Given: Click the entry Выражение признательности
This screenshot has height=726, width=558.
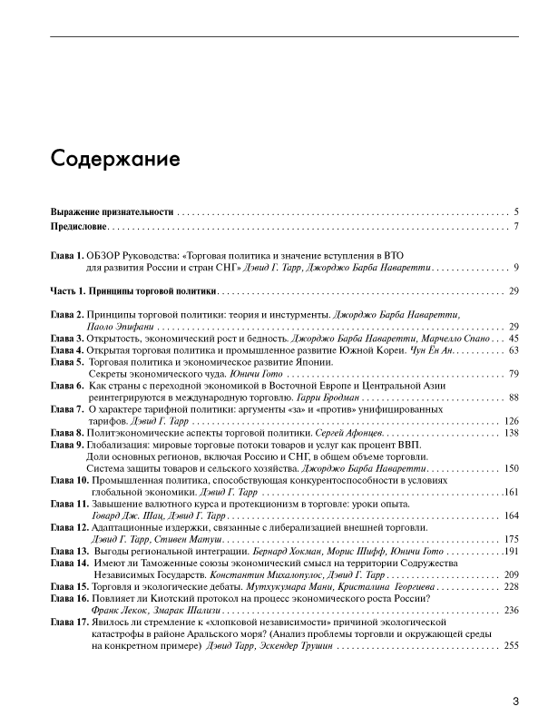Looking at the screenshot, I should pyautogui.click(x=112, y=211).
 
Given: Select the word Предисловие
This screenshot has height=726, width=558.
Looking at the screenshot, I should pyautogui.click(x=79, y=226).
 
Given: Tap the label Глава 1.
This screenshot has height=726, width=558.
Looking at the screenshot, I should pyautogui.click(x=67, y=256).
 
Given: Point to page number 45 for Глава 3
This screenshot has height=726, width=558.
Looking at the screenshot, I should pyautogui.click(x=513, y=338).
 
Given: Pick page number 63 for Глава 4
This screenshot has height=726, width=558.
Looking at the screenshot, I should pyautogui.click(x=513, y=349).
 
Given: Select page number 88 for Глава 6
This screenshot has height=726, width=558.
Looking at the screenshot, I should pyautogui.click(x=513, y=397).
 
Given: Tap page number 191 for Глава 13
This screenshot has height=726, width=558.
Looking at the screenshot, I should pyautogui.click(x=510, y=551).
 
